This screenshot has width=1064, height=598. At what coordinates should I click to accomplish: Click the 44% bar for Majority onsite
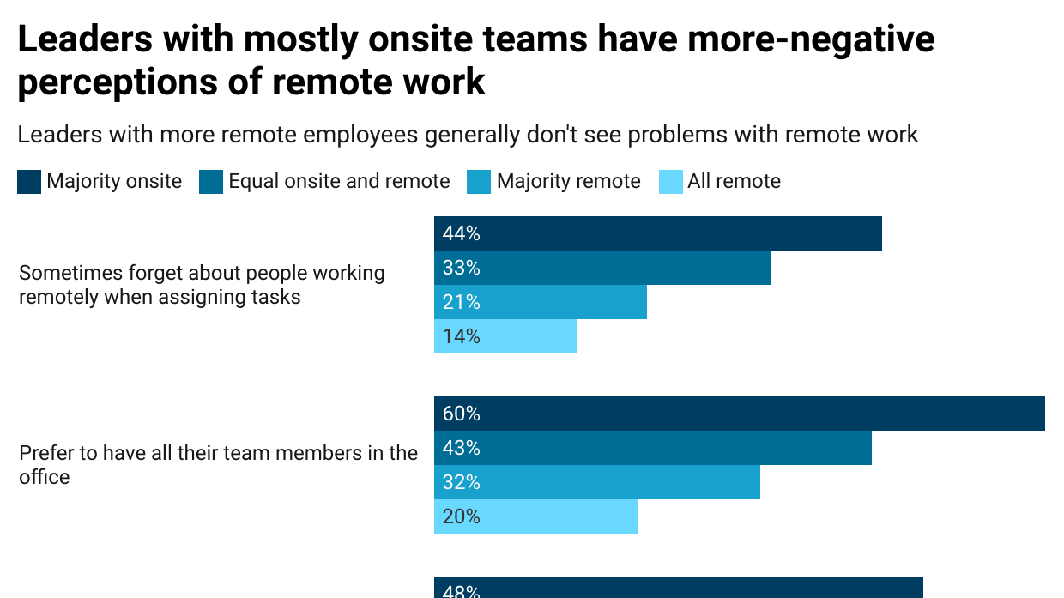658,233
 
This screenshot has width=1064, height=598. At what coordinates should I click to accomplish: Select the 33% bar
602,268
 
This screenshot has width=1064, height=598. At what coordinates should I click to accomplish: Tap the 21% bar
541,302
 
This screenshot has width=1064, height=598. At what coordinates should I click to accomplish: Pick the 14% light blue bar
505,336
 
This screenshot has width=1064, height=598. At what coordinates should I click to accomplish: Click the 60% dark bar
740,414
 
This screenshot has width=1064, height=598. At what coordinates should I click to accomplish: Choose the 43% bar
653,448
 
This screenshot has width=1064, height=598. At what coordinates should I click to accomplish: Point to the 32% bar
597,482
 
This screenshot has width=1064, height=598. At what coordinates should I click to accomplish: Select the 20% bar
536,516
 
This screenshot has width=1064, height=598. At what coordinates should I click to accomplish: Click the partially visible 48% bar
679,588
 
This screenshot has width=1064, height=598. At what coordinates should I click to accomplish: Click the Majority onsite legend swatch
29,182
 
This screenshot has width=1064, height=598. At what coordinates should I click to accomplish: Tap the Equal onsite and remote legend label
339,181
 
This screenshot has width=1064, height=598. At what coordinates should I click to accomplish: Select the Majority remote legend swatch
479,182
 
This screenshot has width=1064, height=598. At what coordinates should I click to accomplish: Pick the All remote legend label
734,181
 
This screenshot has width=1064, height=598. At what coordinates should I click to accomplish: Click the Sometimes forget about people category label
202,285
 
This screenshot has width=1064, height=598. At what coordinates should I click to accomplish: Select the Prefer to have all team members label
218,464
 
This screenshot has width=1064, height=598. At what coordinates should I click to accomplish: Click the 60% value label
462,414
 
